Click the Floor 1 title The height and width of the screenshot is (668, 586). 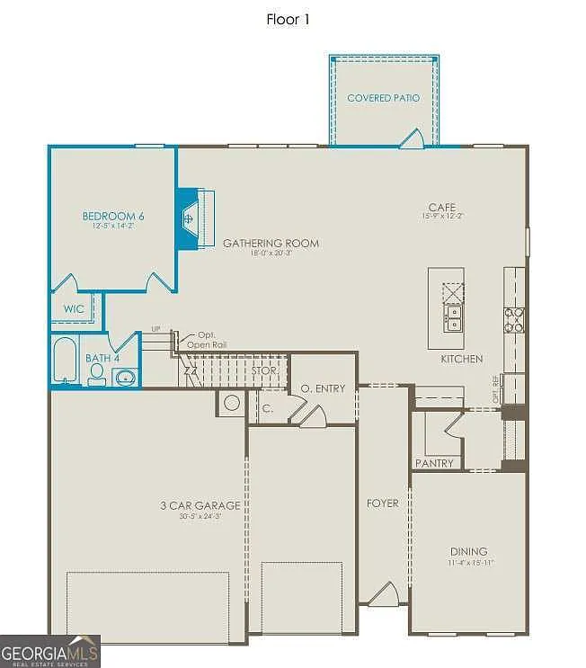288,19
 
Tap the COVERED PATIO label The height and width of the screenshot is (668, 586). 383,98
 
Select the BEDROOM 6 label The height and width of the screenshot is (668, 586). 113,216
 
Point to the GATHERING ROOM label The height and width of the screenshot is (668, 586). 271,243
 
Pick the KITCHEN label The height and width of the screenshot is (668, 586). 461,359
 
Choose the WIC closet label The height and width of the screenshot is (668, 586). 74,309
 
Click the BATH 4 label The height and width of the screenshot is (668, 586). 102,358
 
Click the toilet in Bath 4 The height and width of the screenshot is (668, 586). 97,373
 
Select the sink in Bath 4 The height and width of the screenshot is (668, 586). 125,376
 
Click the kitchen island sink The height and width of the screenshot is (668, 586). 452,316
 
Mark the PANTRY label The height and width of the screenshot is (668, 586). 434,464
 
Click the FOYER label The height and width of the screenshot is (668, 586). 382,503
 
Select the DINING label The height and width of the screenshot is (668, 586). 468,551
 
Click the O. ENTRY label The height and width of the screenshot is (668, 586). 322,388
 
